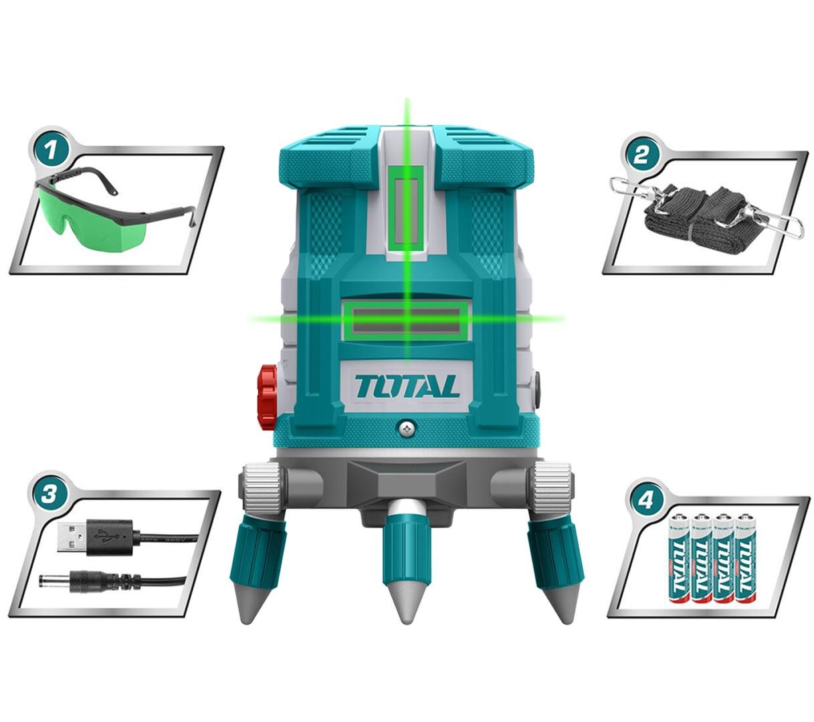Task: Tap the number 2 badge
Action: [641, 156]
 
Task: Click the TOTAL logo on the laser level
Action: [407, 386]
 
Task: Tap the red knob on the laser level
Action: [267, 398]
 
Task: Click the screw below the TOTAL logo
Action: [406, 429]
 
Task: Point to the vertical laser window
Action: [406, 212]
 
